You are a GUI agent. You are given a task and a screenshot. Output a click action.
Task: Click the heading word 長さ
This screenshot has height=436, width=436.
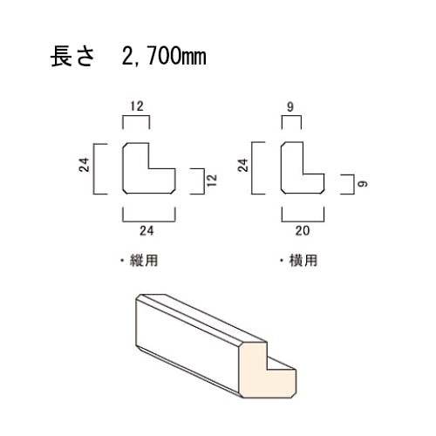[72, 57]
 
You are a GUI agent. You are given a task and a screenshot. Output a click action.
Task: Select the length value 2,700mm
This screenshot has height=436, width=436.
[164, 57]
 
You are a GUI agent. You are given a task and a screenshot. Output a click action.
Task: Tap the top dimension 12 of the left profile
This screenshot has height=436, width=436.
[137, 106]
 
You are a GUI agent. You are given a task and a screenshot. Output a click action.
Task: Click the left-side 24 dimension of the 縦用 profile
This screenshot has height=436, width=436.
[84, 165]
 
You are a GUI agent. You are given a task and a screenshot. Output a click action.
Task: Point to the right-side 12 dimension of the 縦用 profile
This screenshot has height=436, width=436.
[212, 181]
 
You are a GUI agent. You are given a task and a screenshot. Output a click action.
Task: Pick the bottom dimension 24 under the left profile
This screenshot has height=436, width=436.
[146, 231]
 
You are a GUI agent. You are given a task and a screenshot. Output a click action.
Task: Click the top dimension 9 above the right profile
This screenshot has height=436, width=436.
[290, 107]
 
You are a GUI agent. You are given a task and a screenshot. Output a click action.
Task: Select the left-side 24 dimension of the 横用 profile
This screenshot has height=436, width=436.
[243, 165]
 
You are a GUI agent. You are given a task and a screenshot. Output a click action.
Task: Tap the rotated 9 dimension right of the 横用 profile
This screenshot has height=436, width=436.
[363, 184]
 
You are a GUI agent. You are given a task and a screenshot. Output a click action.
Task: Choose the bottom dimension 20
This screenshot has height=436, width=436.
[303, 231]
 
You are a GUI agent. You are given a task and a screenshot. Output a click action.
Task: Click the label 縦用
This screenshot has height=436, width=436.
[144, 261]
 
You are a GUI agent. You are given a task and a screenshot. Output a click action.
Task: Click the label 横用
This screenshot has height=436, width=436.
[303, 261]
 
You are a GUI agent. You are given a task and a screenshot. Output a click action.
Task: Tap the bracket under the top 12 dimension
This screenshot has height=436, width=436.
[136, 116]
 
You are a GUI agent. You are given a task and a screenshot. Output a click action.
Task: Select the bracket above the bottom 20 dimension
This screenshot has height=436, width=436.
[303, 221]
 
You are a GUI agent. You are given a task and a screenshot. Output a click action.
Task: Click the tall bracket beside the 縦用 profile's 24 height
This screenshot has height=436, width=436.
[93, 168]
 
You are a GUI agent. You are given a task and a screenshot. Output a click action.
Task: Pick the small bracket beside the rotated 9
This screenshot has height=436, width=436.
[353, 184]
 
